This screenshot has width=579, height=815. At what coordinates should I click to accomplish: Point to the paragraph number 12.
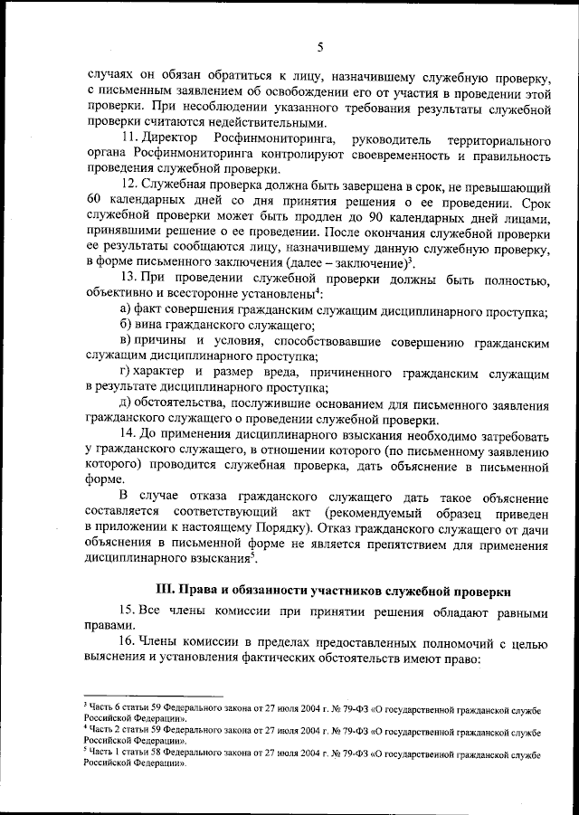pyautogui.click(x=128, y=185)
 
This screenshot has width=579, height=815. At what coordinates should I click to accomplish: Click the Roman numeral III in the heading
pyautogui.click(x=165, y=590)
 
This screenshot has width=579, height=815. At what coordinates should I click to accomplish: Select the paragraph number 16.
pyautogui.click(x=128, y=642)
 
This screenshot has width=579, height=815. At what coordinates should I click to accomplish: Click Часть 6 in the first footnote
pyautogui.click(x=100, y=704)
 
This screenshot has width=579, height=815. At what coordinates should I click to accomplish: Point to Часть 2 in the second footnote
pyautogui.click(x=100, y=728)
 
